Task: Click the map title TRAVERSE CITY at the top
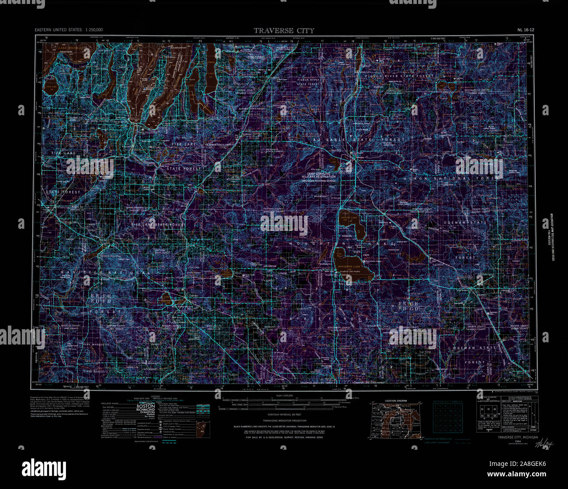(284, 31)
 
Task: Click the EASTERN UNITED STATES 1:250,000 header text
(69, 30)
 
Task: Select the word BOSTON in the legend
(146, 406)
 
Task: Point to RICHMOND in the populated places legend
(146, 410)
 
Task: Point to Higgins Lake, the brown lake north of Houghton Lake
(352, 224)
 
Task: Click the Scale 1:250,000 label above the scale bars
(284, 396)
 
